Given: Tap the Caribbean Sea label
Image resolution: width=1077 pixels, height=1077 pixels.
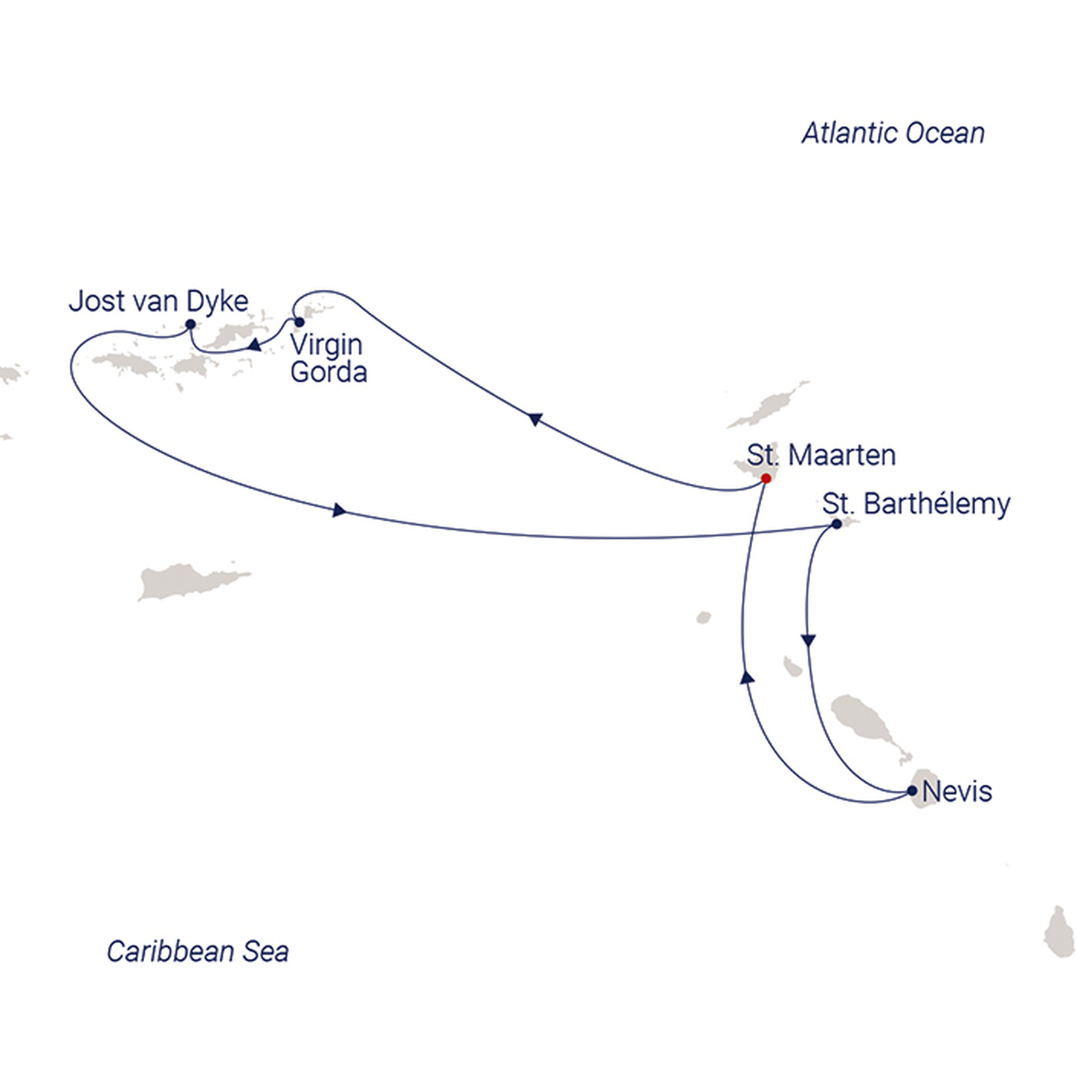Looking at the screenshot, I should (x=198, y=952).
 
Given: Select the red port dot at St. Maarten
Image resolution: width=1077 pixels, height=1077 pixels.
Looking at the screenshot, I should (x=766, y=478).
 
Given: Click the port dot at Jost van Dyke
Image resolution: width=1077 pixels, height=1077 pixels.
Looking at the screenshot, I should (x=190, y=324).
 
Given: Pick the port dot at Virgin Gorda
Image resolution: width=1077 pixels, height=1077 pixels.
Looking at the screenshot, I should (x=299, y=322).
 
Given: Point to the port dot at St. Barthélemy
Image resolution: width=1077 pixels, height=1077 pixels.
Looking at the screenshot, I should (x=836, y=524).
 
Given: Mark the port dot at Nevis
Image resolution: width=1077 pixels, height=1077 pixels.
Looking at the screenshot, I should (x=912, y=791).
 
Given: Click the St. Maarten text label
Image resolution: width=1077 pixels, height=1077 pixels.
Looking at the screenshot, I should (x=821, y=455).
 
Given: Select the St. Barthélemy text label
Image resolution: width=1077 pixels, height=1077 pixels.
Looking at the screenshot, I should (x=916, y=504).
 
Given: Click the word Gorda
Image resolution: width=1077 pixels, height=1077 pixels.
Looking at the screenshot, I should (x=328, y=372).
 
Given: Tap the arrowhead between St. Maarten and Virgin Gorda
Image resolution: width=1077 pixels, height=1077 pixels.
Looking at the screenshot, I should (x=535, y=419).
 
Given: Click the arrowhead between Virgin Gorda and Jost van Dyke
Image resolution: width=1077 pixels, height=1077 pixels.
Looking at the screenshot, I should (x=254, y=345).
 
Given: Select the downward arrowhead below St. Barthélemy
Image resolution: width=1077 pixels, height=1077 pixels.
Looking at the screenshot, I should (x=808, y=641).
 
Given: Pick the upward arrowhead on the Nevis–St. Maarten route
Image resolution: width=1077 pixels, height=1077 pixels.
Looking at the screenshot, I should (x=747, y=677).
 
